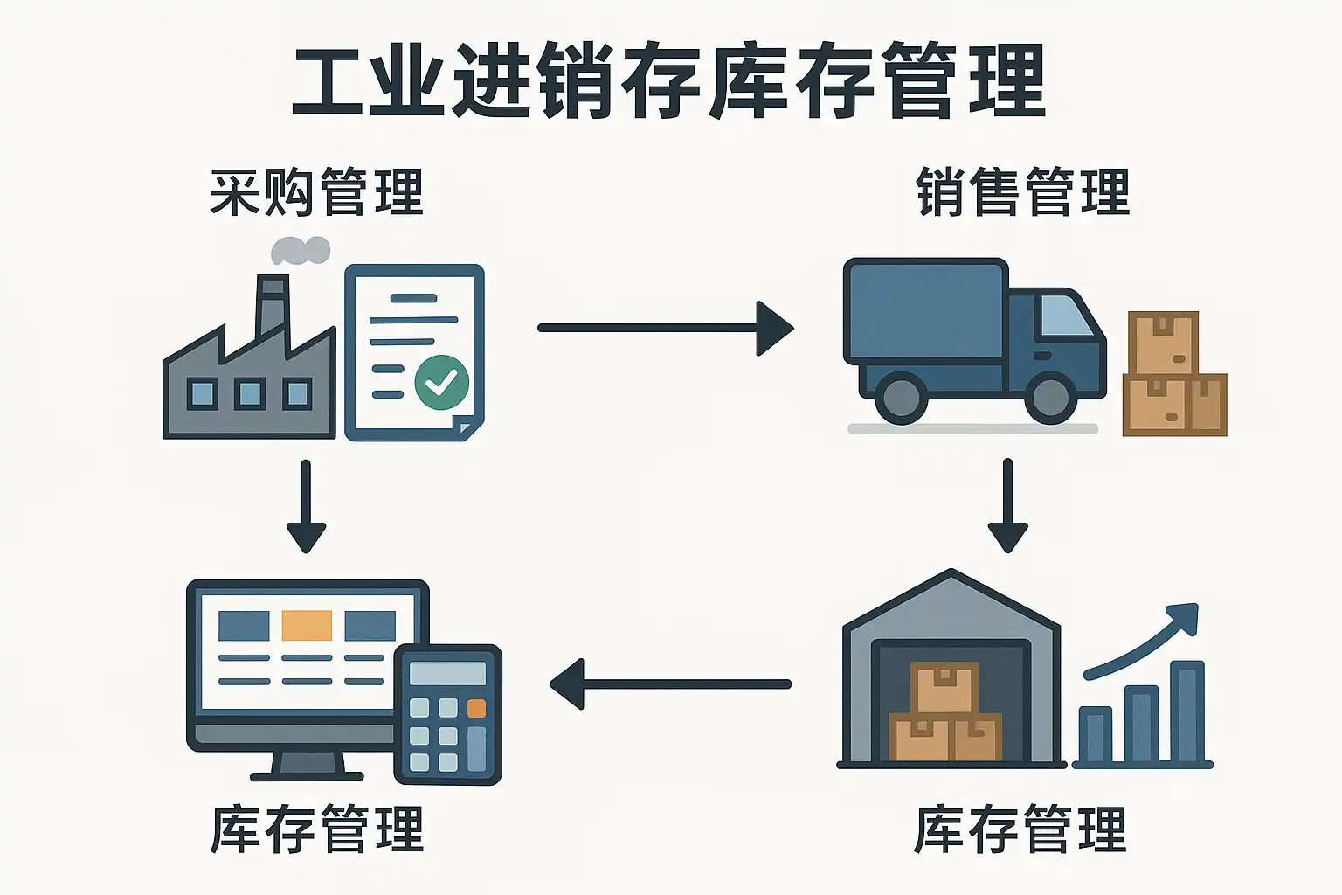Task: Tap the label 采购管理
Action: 316,192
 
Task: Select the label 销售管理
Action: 1023,192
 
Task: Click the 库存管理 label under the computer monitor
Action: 316,829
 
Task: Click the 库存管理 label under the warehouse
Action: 1020,829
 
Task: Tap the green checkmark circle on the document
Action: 441,382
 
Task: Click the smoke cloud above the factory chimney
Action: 300,251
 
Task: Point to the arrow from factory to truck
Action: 664,328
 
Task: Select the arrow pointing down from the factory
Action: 306,507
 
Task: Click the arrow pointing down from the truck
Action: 1007,507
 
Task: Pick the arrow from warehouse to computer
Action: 671,683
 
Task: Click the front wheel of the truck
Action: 1051,398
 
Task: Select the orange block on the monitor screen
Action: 307,625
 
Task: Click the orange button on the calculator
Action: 476,708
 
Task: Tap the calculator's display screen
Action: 447,673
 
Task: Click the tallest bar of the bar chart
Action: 1186,711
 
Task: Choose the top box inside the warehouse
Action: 944,688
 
